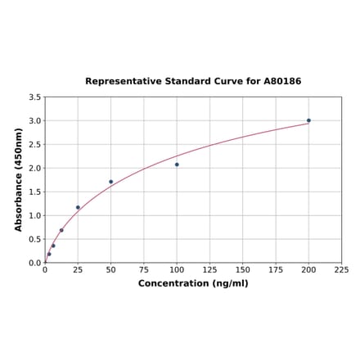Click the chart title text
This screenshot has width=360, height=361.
[193, 82]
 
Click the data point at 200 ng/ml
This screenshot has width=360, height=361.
[308, 120]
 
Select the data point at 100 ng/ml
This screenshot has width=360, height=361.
[177, 165]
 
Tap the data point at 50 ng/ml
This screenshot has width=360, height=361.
[111, 182]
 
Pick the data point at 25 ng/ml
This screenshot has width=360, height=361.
[78, 207]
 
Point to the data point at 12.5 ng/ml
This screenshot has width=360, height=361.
[61, 230]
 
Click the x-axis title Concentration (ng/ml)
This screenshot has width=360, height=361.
[193, 283]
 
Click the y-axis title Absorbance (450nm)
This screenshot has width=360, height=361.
[19, 179]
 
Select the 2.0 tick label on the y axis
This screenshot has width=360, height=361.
[35, 169]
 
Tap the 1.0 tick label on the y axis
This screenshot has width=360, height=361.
[35, 216]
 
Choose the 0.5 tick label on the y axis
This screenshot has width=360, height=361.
[35, 240]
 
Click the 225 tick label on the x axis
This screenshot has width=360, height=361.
[341, 269]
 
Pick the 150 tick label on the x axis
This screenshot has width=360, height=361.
[243, 269]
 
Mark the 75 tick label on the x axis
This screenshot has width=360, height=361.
[144, 269]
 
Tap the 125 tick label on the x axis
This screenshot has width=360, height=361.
[209, 269]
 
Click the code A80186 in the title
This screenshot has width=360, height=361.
[281, 82]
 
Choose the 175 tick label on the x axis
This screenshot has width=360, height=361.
[276, 269]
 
